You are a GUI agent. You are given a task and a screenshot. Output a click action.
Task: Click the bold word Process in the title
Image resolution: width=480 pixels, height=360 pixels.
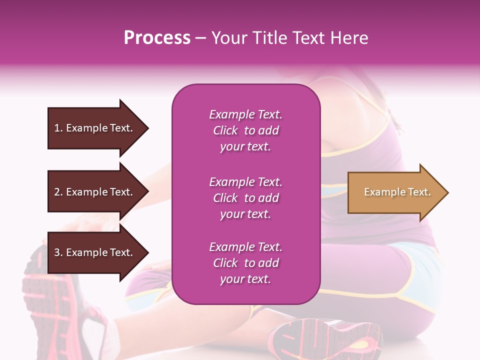(x=157, y=38)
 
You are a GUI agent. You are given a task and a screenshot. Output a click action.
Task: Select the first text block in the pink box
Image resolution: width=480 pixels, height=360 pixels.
(x=245, y=130)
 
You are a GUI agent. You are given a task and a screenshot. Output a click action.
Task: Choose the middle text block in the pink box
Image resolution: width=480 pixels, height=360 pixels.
(x=245, y=198)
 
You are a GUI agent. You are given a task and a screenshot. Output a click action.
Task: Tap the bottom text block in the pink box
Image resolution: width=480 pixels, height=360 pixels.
(x=245, y=263)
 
